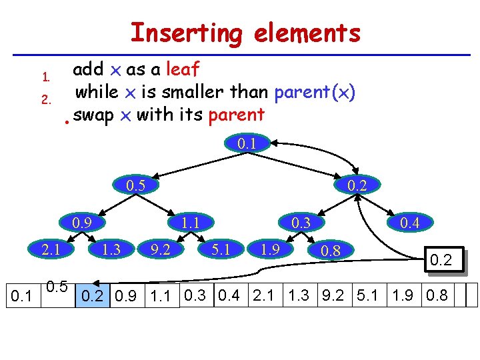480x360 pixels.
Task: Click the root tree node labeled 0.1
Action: (248, 143)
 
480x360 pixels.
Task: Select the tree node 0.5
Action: (135, 185)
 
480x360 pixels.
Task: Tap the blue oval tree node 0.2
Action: (357, 185)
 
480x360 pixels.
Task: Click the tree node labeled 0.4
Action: (409, 222)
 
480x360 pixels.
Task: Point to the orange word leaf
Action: (182, 69)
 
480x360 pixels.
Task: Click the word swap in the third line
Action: (93, 115)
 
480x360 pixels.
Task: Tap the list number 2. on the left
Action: (46, 101)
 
